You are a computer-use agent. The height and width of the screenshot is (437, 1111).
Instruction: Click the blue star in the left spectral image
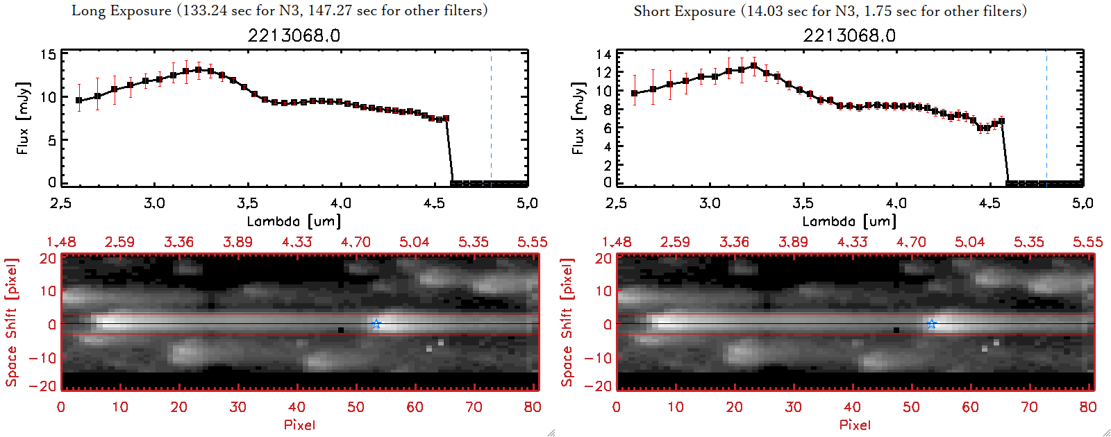376,324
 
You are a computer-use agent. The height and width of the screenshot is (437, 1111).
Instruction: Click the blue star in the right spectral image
931,324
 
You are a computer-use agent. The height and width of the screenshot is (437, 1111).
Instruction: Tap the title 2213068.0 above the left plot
294,35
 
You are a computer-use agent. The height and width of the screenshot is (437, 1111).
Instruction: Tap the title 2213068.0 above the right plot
849,35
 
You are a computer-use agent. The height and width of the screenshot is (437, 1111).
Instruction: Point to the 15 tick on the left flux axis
48,55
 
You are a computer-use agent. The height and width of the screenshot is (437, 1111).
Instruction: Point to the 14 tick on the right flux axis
603,54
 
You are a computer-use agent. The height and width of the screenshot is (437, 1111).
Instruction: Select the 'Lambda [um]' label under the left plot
294,221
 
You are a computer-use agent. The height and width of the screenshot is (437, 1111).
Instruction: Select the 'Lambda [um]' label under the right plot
849,221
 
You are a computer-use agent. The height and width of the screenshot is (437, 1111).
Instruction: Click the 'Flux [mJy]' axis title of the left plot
23,118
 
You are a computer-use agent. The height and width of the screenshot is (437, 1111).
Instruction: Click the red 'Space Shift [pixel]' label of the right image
567,323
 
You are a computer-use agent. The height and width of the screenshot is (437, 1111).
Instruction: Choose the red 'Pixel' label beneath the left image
299,425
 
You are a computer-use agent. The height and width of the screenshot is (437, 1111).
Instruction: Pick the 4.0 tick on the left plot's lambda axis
340,203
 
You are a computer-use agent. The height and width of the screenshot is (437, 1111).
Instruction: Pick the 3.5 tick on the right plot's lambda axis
803,203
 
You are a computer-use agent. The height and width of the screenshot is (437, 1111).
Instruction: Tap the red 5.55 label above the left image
532,242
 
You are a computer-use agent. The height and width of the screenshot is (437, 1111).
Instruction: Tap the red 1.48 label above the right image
617,242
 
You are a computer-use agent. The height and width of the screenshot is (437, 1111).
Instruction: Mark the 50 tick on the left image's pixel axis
356,407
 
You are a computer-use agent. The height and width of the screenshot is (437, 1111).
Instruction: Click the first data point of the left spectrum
79,101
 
